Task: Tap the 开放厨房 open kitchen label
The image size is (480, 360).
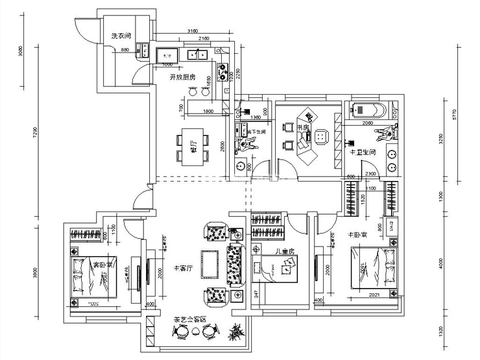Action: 182,77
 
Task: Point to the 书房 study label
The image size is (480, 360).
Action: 302,128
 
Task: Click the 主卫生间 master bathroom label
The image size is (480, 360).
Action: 361,152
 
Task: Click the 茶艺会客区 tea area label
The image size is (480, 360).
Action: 189,320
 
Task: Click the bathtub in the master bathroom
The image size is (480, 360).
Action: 368,110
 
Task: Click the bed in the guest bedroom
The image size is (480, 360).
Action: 93,276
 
